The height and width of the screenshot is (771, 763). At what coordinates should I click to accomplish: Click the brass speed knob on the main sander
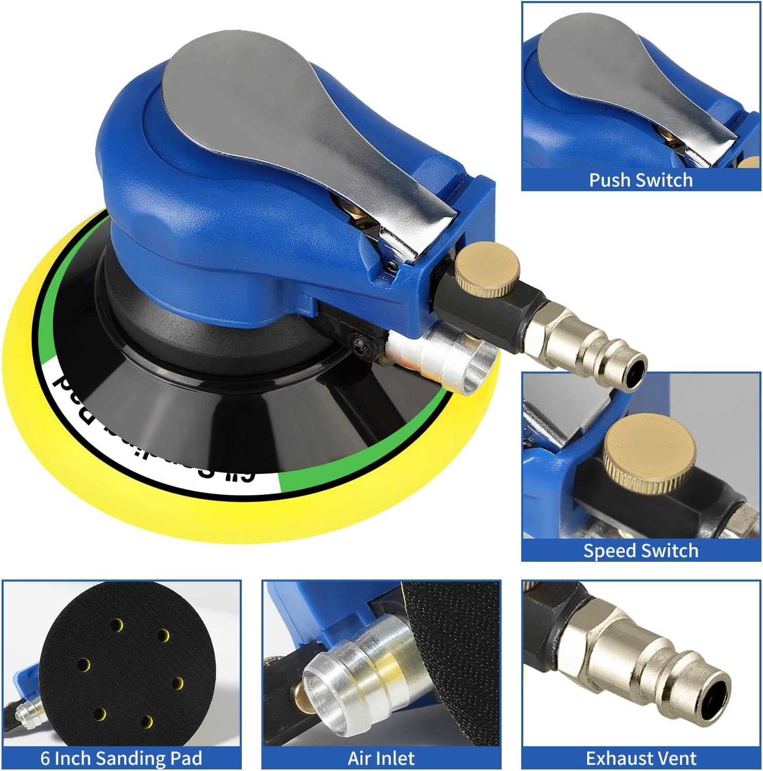(487, 269)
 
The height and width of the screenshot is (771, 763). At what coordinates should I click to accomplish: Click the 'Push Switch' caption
(641, 180)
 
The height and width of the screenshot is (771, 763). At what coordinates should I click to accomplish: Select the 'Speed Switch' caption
(641, 550)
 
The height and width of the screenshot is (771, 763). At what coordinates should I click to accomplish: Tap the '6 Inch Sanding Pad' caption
(121, 758)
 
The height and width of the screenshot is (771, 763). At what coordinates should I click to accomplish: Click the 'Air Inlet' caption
(381, 758)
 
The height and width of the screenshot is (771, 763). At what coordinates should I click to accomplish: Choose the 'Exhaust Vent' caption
(641, 758)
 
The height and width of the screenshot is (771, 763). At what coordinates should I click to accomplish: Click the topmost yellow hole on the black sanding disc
(118, 626)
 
